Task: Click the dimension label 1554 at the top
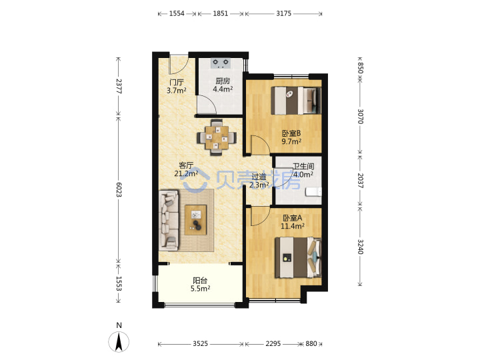(177, 13)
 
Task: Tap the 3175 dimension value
(283, 13)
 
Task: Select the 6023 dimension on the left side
(119, 190)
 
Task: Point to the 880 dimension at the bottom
(311, 343)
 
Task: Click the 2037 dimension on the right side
(360, 181)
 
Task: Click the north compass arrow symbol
(119, 341)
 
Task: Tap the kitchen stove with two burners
(221, 63)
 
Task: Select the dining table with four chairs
(217, 137)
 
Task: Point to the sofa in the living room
(169, 219)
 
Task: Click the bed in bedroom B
(296, 101)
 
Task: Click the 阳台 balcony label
(200, 280)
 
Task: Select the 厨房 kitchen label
(223, 81)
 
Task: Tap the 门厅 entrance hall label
(176, 83)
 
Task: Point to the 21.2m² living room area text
(186, 173)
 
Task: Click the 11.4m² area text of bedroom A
(293, 226)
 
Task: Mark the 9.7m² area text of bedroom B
(291, 141)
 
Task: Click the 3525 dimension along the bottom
(200, 343)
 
